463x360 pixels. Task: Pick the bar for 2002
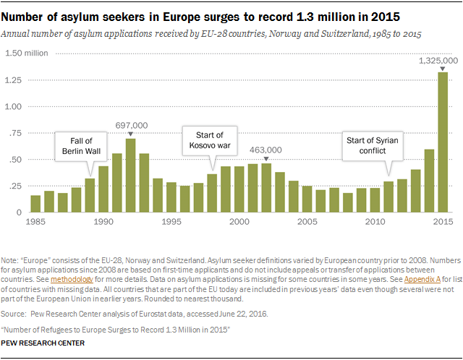click(266, 188)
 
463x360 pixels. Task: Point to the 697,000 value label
click(130, 124)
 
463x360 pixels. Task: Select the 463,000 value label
click(266, 150)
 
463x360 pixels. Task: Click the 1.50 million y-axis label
click(27, 53)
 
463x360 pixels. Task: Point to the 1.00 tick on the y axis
click(14, 106)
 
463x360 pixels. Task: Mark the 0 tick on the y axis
click(20, 213)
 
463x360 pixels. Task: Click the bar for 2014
click(429, 181)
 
